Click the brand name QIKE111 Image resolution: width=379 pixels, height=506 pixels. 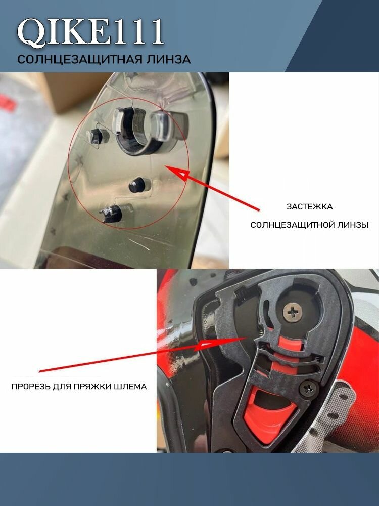point(90,32)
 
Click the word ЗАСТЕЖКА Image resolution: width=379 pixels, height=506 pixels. point(309,207)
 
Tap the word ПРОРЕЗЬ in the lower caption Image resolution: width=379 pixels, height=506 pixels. point(31,386)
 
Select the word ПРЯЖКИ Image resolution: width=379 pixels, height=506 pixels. point(93,386)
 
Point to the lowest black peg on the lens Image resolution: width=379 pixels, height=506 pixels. point(112,214)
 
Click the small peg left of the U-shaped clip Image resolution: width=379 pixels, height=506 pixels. point(96,137)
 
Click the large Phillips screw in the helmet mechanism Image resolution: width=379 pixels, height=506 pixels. point(293,312)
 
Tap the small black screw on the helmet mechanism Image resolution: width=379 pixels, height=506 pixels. point(308,389)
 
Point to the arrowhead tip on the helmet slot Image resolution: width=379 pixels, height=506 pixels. point(246,338)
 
